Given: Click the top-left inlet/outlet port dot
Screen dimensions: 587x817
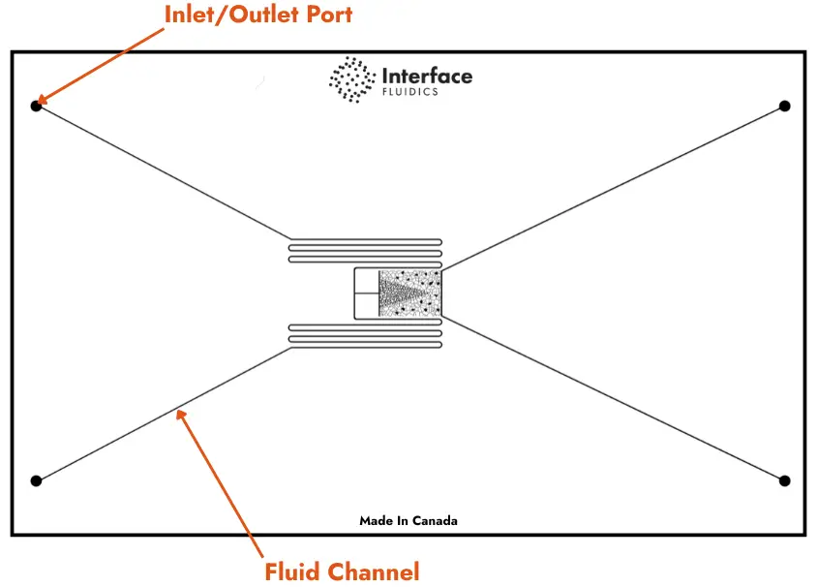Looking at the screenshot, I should point(36,106).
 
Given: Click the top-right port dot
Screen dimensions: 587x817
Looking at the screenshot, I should point(785,106).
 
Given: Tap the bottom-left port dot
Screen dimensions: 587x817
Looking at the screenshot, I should point(36,480).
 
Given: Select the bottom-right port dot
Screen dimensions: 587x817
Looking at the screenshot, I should point(785,480).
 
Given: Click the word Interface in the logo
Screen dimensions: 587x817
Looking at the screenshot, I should point(427,76).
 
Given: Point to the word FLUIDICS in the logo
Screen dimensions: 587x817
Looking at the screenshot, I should point(410,92).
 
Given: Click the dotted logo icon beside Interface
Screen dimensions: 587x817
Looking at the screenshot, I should point(352,79).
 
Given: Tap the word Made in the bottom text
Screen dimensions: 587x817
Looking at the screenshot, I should point(376,520).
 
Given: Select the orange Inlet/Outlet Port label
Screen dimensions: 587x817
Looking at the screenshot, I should point(258,15).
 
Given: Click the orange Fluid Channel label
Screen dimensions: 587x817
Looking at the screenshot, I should point(342,572).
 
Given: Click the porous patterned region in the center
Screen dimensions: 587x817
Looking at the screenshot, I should point(409,293).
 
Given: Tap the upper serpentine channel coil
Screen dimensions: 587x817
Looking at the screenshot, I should point(365,251).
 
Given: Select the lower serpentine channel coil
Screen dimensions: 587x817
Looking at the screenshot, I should point(365,335).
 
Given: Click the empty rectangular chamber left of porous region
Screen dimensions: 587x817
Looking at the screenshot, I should point(366,293).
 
